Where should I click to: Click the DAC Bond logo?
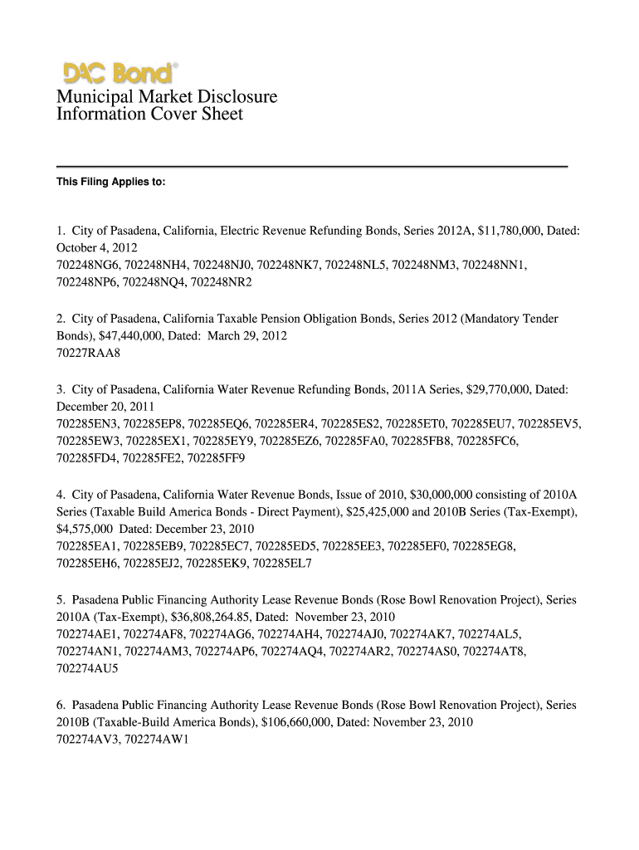click(x=117, y=73)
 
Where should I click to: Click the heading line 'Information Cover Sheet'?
click(x=149, y=115)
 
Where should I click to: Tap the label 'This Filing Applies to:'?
click(x=110, y=182)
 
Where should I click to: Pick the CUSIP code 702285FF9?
click(x=217, y=458)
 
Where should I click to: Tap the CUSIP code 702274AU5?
click(x=88, y=668)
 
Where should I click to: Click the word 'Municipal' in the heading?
click(x=91, y=97)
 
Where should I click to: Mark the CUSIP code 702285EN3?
click(x=89, y=424)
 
